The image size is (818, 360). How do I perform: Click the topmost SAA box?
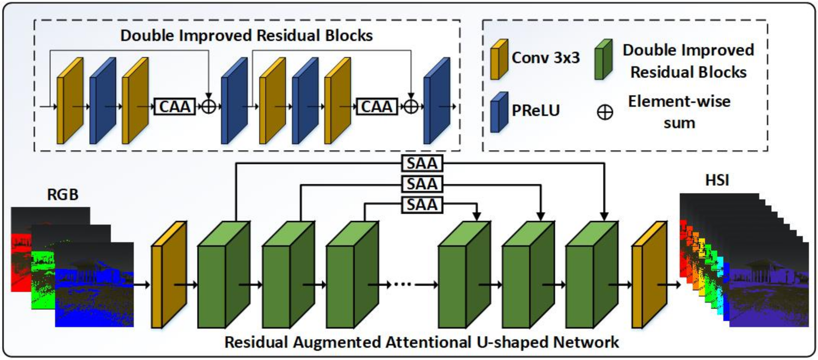[422, 163]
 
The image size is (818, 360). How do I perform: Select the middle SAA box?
[422, 184]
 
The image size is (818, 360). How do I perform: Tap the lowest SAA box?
[422, 205]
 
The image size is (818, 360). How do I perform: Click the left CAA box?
[175, 107]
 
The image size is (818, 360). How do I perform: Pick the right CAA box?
[376, 107]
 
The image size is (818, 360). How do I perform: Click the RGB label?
[63, 194]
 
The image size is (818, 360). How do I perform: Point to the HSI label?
[717, 180]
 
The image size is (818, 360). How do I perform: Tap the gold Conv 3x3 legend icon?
[499, 60]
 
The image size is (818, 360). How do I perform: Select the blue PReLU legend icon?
[499, 112]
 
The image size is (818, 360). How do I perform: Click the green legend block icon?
[603, 60]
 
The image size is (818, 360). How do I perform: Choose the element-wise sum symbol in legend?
[605, 112]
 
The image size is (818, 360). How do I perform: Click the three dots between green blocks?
[402, 284]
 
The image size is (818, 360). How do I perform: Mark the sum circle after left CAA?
[209, 107]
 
